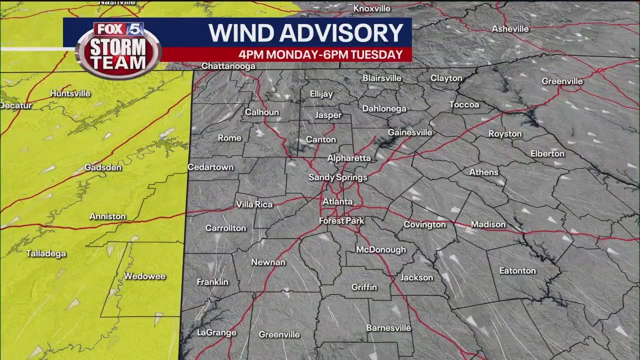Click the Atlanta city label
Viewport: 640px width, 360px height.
click(x=337, y=202)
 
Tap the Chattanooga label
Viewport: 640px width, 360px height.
click(x=228, y=66)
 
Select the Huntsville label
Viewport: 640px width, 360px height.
click(x=70, y=93)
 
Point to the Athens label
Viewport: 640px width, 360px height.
click(x=483, y=172)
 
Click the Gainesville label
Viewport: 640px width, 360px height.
click(x=410, y=132)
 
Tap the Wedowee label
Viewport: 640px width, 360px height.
click(x=144, y=276)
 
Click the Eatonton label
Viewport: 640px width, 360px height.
click(x=517, y=270)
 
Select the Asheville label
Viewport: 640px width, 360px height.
click(x=510, y=29)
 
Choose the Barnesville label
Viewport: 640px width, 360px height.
click(x=388, y=328)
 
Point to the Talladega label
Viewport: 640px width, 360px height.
click(x=46, y=254)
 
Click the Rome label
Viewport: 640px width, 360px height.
click(x=229, y=138)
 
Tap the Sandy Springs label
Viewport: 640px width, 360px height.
click(x=338, y=177)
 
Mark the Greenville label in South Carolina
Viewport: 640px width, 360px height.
click(x=562, y=81)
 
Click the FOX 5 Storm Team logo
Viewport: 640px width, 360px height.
click(x=118, y=50)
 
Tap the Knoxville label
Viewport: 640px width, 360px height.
click(x=371, y=8)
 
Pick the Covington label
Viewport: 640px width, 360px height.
click(x=424, y=224)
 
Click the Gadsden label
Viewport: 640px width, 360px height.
click(x=102, y=167)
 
